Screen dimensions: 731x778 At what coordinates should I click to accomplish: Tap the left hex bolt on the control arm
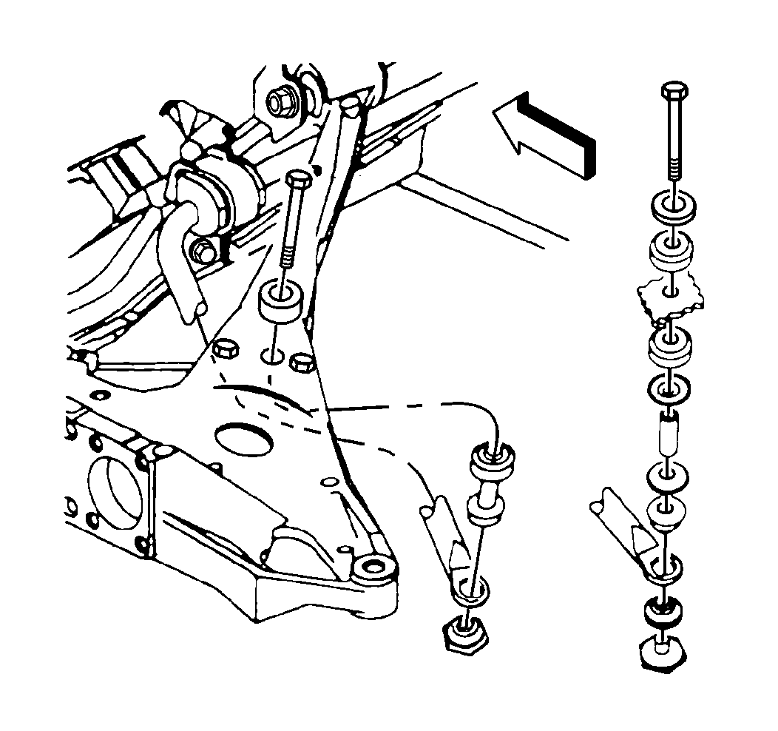(223, 348)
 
